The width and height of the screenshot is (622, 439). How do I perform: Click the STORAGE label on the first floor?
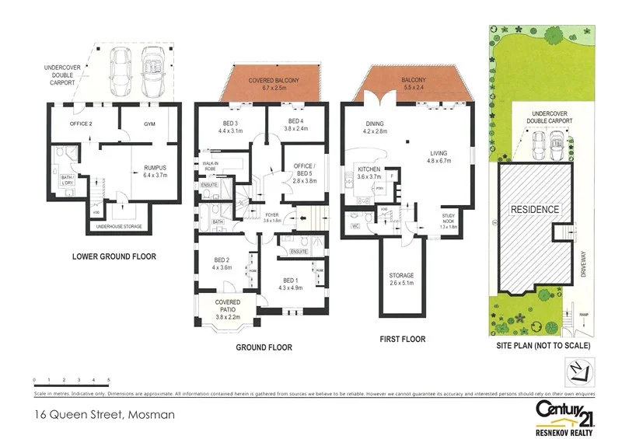402,275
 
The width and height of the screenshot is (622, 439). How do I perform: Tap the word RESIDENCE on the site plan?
534,210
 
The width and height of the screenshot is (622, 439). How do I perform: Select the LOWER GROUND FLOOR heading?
114,256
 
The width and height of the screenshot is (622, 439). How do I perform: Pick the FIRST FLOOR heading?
402,340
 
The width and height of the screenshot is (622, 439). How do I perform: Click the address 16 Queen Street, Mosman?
104,415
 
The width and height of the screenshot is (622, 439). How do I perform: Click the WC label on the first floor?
355,226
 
